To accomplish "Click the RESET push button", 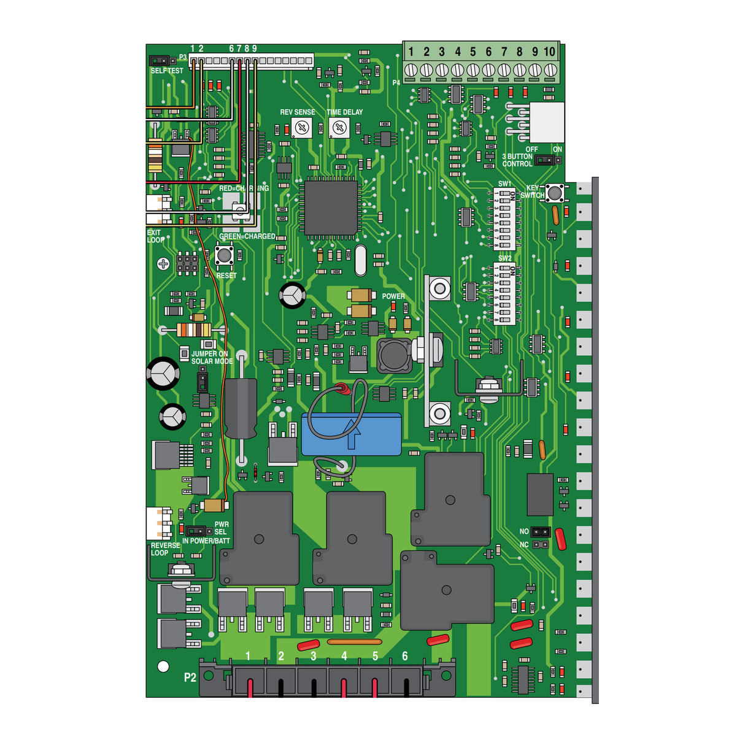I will [224, 255].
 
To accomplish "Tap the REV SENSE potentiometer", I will [301, 128].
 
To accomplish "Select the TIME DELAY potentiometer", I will [339, 128].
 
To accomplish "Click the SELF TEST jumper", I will [160, 61].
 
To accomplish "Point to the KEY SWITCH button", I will [555, 193].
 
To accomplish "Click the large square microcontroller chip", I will [331, 207].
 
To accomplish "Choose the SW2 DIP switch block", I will [504, 293].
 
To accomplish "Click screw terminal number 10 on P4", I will [550, 70].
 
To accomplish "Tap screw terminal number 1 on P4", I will [411, 70].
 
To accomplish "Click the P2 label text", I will [190, 677].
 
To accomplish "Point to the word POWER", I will [393, 296].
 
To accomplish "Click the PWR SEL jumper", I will [196, 530].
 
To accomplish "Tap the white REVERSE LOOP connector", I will [158, 523].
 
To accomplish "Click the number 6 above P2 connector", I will [404, 656].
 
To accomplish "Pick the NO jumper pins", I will [540, 531].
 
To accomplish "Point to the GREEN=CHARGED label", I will [247, 236].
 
